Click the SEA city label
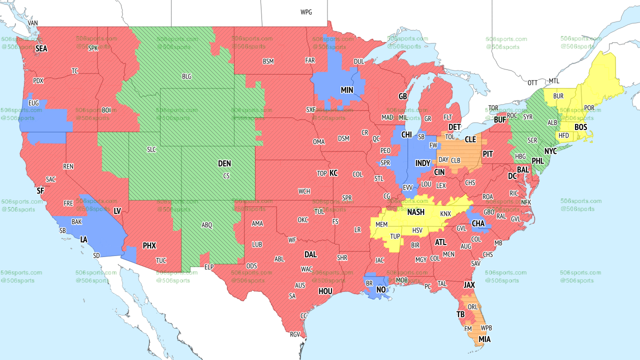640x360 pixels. pos(41,48)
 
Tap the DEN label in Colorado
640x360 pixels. pos(224,163)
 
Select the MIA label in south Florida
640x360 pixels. pos(484,339)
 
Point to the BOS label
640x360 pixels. pos(580,127)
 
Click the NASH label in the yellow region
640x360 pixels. pos(415,212)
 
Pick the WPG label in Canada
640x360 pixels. pos(306,12)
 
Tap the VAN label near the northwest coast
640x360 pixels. pos(33,23)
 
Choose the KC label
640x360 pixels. pos(333,173)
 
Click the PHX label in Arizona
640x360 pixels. pos(149,245)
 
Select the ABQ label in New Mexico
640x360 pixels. pos(207,225)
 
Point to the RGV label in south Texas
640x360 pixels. pos(295,334)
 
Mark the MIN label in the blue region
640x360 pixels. pos(347,90)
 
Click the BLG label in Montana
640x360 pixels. pos(186,76)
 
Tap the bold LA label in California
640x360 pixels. pos(83,240)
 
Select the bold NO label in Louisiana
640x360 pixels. pos(381,289)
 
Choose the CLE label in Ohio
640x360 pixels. pos(470,139)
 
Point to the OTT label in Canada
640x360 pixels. pos(532,82)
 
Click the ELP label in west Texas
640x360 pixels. pos(209,267)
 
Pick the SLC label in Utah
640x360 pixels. pos(151,149)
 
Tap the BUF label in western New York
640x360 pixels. pos(500,120)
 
